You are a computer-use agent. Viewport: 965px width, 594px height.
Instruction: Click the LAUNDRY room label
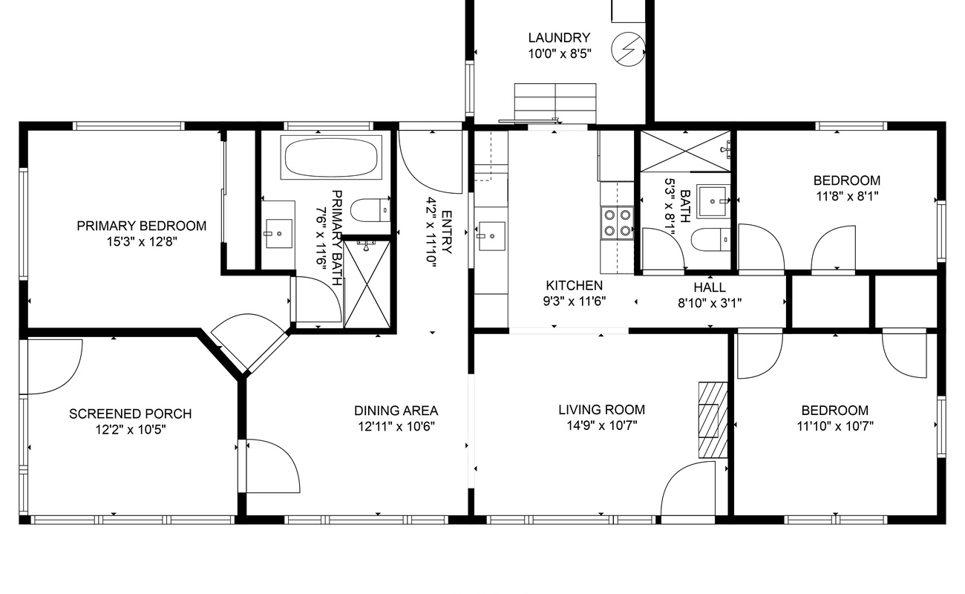coord(559,38)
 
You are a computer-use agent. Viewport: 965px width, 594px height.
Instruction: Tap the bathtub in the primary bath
coord(331,157)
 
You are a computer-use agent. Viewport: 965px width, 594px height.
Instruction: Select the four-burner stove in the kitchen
coord(618,223)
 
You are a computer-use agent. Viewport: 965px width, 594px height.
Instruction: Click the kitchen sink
coord(491,236)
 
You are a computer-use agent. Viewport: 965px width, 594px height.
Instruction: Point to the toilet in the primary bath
coord(370,210)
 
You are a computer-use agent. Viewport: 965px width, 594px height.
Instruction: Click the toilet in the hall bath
coord(711,240)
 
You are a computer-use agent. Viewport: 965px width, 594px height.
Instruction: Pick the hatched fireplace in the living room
coord(713,420)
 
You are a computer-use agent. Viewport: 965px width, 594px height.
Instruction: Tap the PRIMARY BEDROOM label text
coord(141,226)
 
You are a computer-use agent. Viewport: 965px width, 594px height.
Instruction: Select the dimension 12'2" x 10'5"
coord(131,430)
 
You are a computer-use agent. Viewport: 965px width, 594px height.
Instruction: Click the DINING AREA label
coord(396,411)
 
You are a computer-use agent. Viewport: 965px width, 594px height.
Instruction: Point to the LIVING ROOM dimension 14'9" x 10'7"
coord(601,426)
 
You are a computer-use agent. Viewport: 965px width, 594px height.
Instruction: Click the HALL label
coord(710,287)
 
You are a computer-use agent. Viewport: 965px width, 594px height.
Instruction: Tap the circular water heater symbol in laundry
coord(629,49)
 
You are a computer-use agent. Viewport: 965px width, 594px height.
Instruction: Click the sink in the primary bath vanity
coord(278,233)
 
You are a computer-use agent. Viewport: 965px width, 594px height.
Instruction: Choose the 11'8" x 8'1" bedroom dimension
coord(847,197)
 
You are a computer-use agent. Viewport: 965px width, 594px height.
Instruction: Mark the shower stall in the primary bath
coord(367,284)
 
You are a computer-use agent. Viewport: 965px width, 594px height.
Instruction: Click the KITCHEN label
coord(575,285)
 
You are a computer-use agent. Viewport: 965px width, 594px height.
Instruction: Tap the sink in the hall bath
coord(713,201)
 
